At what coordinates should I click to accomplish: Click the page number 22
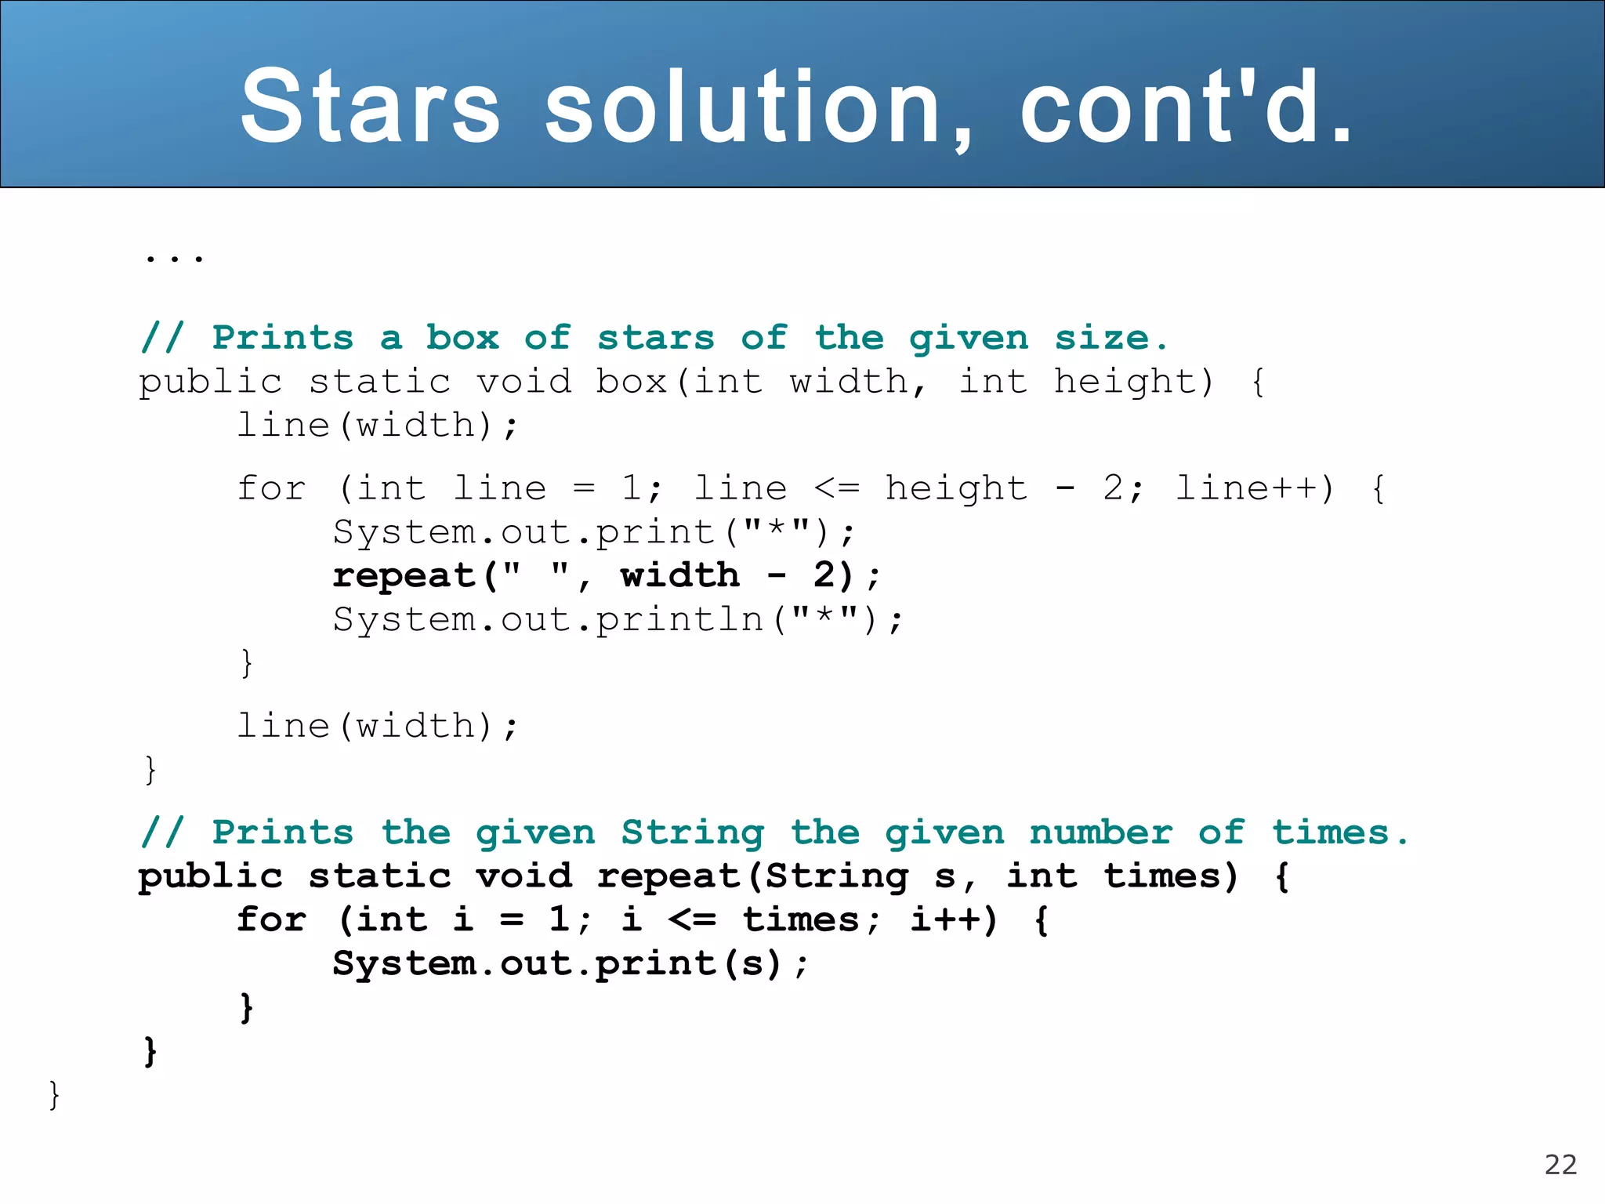click(1560, 1165)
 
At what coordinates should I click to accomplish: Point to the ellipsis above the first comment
click(174, 256)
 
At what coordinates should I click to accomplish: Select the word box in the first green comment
click(462, 338)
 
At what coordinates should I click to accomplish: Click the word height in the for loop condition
click(955, 488)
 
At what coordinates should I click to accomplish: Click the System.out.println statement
click(618, 620)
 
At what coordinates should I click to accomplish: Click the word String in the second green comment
click(693, 832)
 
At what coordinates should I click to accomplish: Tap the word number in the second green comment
click(1101, 832)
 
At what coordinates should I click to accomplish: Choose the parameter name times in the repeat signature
click(1170, 876)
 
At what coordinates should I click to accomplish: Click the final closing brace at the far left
click(54, 1094)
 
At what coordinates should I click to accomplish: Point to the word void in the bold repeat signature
click(524, 876)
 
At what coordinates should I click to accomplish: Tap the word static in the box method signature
click(379, 382)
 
